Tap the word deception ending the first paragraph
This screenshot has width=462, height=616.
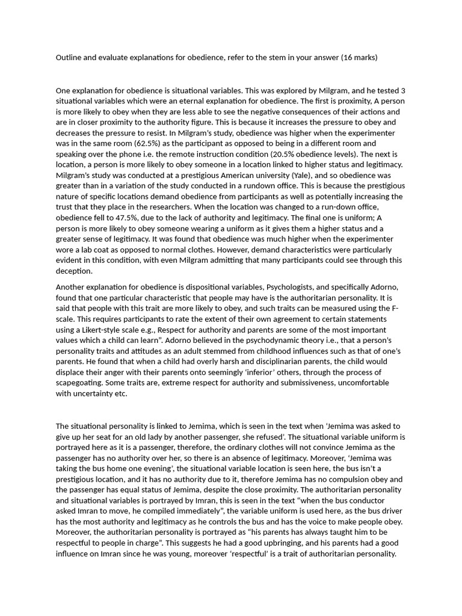(75, 271)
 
